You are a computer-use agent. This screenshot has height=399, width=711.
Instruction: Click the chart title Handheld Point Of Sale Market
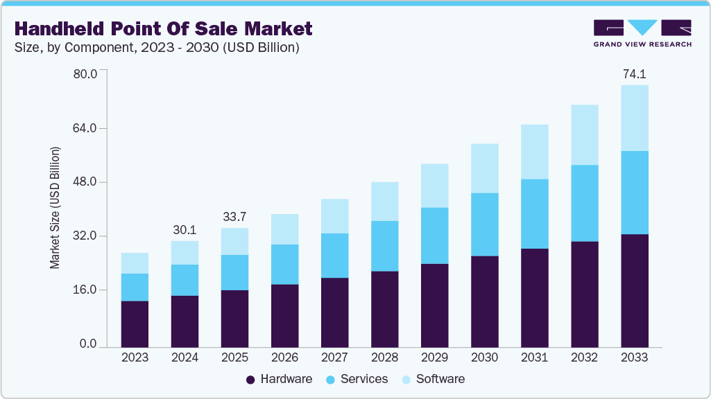click(163, 28)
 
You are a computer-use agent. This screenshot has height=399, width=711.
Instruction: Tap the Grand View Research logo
click(642, 33)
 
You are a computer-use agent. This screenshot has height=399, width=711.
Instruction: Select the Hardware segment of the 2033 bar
click(634, 290)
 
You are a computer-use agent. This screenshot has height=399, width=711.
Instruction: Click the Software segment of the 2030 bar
click(484, 168)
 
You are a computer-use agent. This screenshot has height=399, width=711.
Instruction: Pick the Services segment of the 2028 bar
click(384, 246)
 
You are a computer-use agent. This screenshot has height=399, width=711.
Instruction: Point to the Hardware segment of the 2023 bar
click(135, 323)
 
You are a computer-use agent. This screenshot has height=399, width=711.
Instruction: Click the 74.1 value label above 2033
click(634, 74)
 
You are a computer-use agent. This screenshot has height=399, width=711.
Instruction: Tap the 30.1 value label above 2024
click(185, 229)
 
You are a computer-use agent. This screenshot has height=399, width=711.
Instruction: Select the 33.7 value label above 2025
click(234, 217)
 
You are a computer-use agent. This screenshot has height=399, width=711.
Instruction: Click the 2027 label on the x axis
click(334, 358)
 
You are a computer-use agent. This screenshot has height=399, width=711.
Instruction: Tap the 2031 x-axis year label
click(534, 358)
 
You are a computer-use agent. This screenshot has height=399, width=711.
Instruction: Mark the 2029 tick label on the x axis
click(434, 358)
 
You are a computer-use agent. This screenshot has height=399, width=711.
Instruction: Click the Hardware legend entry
click(279, 379)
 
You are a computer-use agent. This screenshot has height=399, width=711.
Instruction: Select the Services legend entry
click(358, 379)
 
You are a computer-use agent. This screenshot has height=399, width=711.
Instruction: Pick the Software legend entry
click(434, 379)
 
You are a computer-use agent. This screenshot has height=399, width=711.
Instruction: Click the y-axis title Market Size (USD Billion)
click(55, 208)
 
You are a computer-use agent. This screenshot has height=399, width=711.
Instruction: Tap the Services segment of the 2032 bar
click(584, 203)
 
